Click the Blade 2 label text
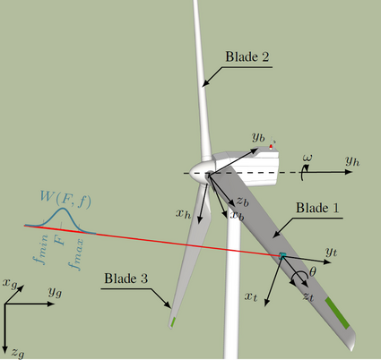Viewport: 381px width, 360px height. click(247, 56)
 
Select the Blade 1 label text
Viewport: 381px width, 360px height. click(317, 208)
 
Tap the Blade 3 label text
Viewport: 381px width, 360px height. click(126, 279)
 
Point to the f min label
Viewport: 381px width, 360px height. click(41, 250)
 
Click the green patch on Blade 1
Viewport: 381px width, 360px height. click(337, 313)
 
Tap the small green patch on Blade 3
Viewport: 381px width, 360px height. click(173, 322)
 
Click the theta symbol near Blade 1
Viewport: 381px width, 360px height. click(313, 272)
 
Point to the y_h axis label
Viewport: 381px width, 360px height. click(352, 161)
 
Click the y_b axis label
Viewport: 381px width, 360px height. click(258, 137)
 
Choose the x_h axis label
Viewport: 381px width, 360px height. click(183, 214)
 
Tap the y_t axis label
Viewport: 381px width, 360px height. click(332, 252)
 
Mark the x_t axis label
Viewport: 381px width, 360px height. click(251, 296)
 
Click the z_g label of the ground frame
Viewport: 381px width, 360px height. click(18, 354)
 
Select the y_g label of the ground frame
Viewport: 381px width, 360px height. click(56, 292)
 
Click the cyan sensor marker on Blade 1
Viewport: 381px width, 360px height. click(282, 255)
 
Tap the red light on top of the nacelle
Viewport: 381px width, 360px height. click(271, 147)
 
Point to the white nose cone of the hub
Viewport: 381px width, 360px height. click(198, 172)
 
